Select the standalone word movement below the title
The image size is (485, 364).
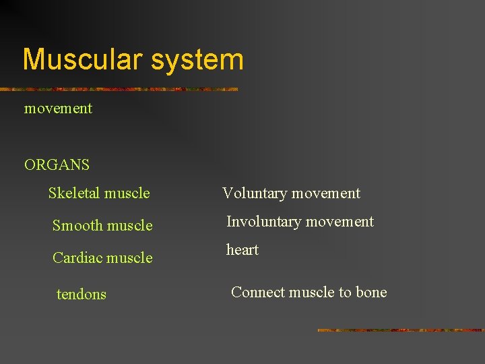tap(58, 109)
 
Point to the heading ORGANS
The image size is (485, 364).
tap(57, 164)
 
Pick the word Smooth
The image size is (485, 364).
tap(77, 226)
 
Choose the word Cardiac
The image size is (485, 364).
tap(78, 258)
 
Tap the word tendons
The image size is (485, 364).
tap(82, 295)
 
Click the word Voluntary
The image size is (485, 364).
tap(254, 193)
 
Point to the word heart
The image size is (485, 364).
tap(243, 250)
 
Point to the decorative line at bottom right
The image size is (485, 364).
tap(400, 330)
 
